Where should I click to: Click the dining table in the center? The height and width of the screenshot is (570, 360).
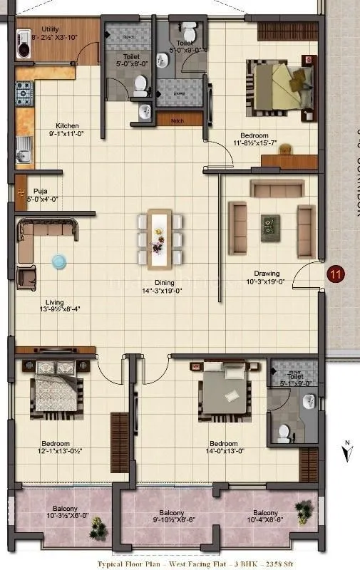pyautogui.click(x=160, y=236)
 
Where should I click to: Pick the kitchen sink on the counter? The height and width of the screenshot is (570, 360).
pyautogui.click(x=24, y=150)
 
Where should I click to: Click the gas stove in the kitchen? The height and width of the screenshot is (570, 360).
pyautogui.click(x=24, y=90)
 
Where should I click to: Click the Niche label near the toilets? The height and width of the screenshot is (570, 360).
pyautogui.click(x=177, y=121)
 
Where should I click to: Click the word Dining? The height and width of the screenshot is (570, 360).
pyautogui.click(x=160, y=282)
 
